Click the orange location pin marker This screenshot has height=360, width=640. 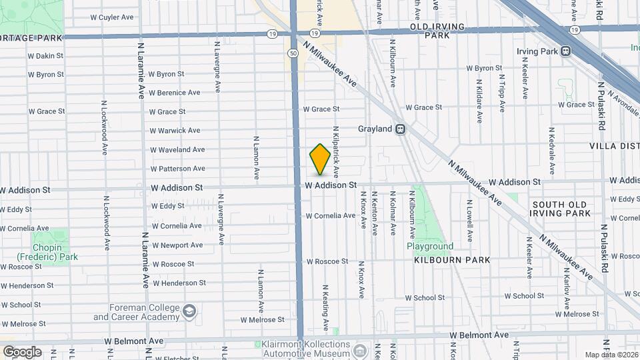click(320, 159)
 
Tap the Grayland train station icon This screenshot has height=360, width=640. click(400, 129)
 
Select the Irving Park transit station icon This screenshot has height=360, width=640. click(565, 51)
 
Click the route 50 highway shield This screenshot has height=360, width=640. click(293, 53)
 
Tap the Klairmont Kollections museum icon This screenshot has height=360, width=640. click(360, 349)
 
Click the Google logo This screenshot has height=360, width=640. click(22, 351)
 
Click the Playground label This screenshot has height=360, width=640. click(430, 246)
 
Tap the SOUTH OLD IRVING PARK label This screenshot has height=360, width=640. click(561, 209)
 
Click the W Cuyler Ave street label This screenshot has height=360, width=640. click(112, 17)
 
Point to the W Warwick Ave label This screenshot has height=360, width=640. click(175, 131)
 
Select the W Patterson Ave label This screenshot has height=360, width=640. click(177, 169)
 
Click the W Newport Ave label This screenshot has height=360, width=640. click(177, 245)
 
